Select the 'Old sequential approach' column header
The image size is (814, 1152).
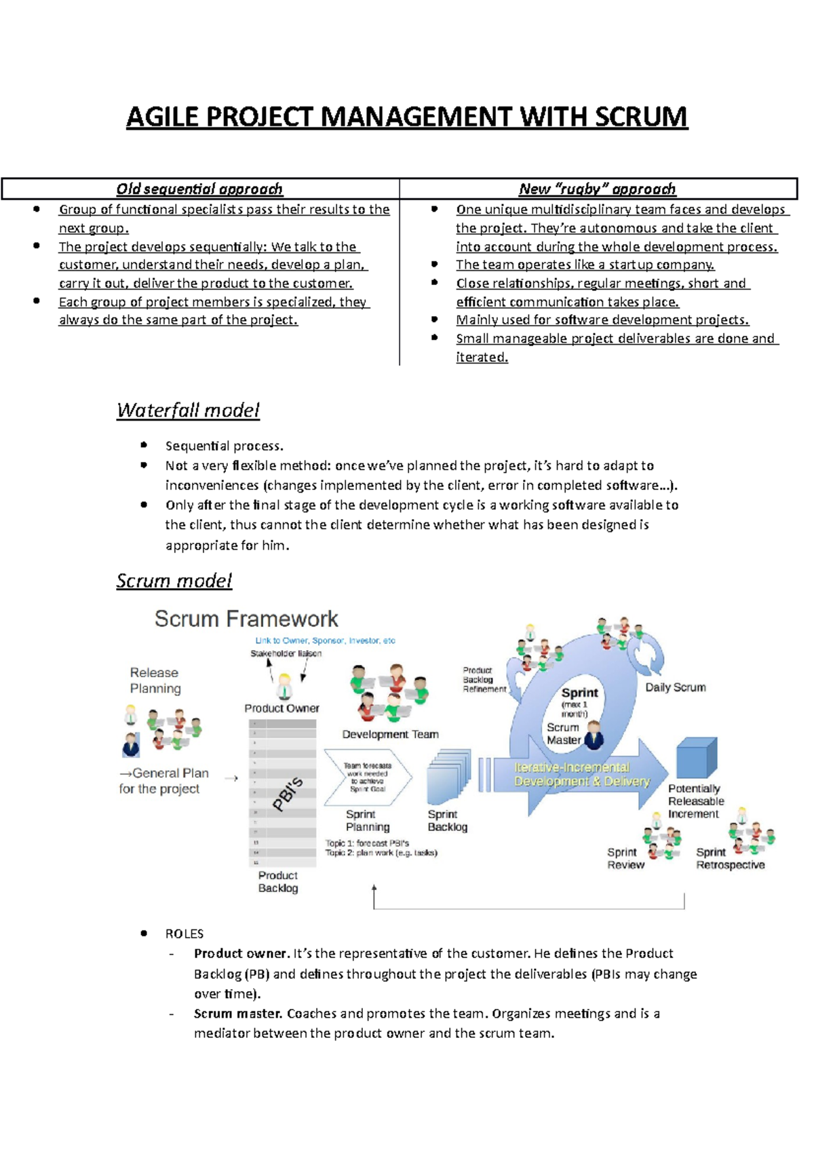[199, 189]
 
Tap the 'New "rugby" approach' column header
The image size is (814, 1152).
[597, 189]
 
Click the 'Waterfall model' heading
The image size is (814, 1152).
[188, 410]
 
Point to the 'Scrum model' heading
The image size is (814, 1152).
[174, 581]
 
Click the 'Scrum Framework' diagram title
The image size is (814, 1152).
[246, 619]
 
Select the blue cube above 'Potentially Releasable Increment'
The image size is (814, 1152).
[696, 759]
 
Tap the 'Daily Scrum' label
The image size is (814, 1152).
[675, 687]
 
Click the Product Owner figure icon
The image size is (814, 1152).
[285, 687]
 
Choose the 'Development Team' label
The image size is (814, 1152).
[390, 734]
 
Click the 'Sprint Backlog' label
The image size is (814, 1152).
[447, 820]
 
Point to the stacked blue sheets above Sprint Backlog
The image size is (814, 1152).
[448, 776]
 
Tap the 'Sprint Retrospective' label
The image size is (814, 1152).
[730, 858]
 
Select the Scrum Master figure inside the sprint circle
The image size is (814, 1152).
[594, 735]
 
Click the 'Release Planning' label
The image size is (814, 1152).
[155, 680]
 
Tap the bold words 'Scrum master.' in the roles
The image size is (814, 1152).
[238, 1014]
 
